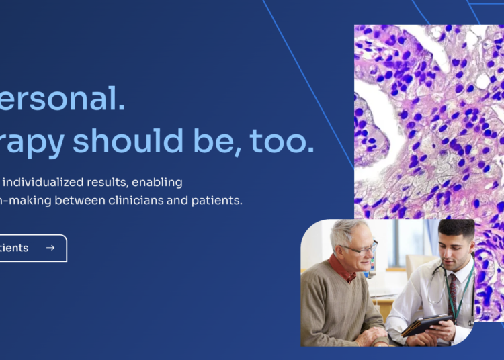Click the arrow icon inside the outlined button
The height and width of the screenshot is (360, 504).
(50, 248)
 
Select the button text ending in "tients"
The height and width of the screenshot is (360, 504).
(13, 248)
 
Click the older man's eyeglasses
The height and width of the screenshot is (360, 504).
(361, 250)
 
